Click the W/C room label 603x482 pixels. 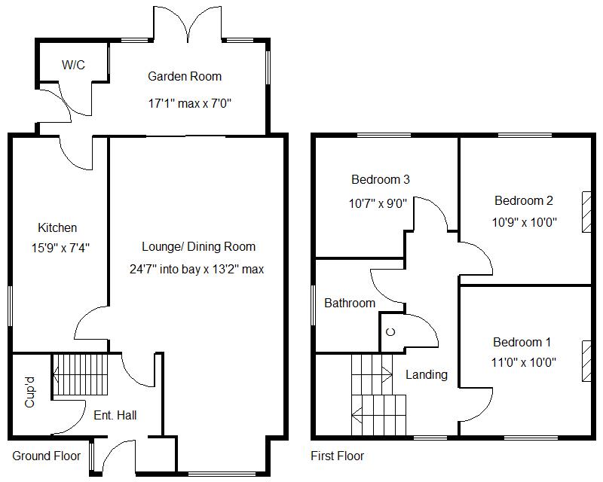(x=73, y=66)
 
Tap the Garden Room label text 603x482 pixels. (x=185, y=76)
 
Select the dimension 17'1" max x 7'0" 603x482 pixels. (x=188, y=103)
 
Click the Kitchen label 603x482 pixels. (x=57, y=227)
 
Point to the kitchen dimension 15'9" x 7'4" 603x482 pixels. (x=57, y=246)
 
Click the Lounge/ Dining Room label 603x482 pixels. (x=198, y=246)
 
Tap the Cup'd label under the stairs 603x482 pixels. (x=31, y=392)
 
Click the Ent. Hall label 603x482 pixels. (x=115, y=415)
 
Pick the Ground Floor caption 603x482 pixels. (x=46, y=456)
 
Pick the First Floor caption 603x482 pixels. (x=337, y=456)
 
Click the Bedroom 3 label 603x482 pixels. (x=380, y=179)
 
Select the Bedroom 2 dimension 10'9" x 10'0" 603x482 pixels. (x=524, y=223)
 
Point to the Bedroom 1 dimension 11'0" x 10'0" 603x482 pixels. (x=524, y=362)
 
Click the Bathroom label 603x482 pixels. (x=349, y=303)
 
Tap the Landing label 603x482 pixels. (x=426, y=374)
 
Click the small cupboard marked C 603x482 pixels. (x=390, y=332)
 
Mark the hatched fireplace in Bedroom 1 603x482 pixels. (x=586, y=361)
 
